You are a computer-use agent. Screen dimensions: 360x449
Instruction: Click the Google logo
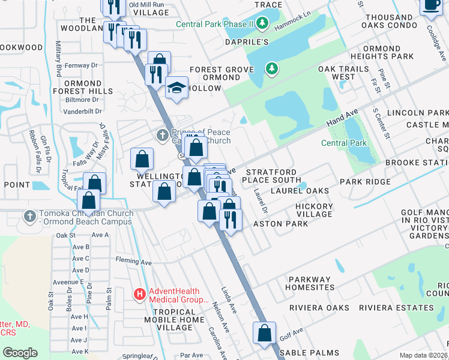click(20, 352)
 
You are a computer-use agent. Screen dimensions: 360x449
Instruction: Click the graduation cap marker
click(176, 88)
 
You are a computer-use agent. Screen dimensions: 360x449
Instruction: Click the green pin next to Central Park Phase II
click(262, 25)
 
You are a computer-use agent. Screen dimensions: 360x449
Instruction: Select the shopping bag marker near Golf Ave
click(264, 334)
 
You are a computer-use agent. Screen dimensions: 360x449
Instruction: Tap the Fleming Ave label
click(134, 262)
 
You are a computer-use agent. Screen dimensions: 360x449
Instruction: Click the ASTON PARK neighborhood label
click(280, 224)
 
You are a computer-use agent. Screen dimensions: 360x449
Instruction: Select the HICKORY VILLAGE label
click(314, 210)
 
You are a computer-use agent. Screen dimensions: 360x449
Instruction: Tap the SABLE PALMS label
click(313, 353)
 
